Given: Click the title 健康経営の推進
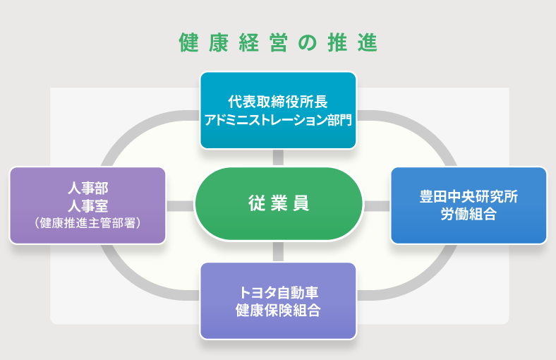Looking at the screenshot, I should pos(278,43).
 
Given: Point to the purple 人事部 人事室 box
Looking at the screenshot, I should pos(88,205).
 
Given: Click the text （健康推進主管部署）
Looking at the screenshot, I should pos(88,223).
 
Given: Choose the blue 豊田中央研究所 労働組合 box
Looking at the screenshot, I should pos(469,205).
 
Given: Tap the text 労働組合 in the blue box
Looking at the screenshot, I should pos(469,215).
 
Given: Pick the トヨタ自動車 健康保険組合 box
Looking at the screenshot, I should pos(278,301).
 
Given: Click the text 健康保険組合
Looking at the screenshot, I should pos(278,310).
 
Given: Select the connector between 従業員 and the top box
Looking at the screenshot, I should pos(278,158).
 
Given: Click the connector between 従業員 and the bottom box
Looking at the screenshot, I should pos(278,251).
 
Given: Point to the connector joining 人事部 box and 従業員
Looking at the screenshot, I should pos(181,205).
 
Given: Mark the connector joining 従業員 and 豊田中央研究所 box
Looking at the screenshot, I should pos(376,205).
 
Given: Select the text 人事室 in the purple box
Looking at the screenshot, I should pos(88,206).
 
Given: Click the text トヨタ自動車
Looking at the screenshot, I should pos(278,293).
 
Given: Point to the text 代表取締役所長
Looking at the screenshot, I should pos(278,102).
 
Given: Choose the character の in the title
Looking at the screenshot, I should pos(304,43).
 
